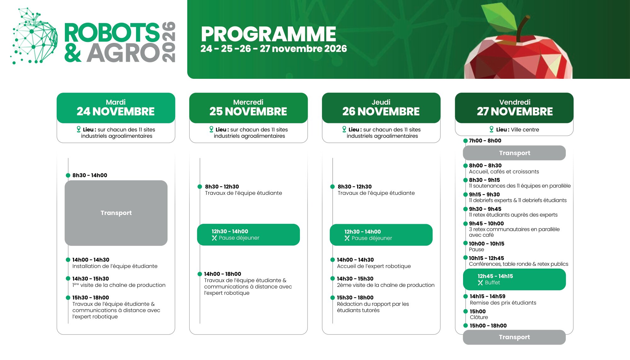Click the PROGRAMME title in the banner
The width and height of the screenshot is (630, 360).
pyautogui.click(x=268, y=34)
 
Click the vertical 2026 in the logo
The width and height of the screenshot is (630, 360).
pyautogui.click(x=169, y=42)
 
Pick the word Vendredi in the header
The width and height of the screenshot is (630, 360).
pyautogui.click(x=515, y=102)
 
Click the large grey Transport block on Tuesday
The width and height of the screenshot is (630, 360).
pyautogui.click(x=116, y=213)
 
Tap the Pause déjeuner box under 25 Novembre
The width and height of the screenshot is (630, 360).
pyautogui.click(x=248, y=235)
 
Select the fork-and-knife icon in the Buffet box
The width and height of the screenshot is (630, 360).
pyautogui.click(x=480, y=282)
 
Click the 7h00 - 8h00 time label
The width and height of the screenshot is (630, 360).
pyautogui.click(x=485, y=141)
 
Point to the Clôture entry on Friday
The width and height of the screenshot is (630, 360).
pyautogui.click(x=479, y=317)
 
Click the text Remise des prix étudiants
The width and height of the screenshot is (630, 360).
pyautogui.click(x=503, y=303)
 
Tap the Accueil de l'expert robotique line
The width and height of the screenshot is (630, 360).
pyautogui.click(x=374, y=266)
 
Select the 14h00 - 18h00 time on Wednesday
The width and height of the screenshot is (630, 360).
pyautogui.click(x=222, y=274)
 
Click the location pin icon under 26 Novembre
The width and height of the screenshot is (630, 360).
pyautogui.click(x=344, y=129)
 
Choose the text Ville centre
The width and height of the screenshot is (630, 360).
pyautogui.click(x=525, y=130)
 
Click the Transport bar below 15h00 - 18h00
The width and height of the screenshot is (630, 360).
pyautogui.click(x=514, y=337)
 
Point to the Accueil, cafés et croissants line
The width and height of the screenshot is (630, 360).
pyautogui.click(x=504, y=171)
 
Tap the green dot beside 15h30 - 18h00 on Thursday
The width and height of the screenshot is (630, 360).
pyautogui.click(x=332, y=298)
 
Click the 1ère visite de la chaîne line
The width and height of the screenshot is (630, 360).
pyautogui.click(x=119, y=285)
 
